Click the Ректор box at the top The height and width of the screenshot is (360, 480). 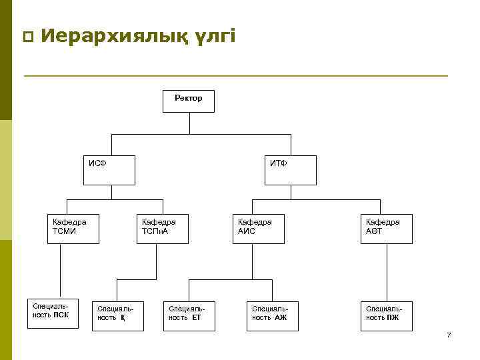tap(189, 101)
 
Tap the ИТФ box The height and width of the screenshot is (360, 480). tap(291, 169)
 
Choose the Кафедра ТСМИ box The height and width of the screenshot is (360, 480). tap(73, 228)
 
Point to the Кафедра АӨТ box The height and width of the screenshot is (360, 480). tap(387, 228)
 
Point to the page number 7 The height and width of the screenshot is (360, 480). tap(449, 335)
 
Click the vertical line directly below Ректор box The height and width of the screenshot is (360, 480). tap(189, 123)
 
